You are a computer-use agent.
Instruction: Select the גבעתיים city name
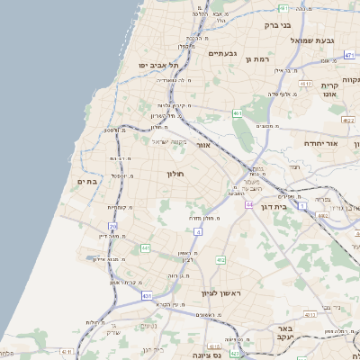221,54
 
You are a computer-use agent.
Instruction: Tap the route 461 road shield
237,113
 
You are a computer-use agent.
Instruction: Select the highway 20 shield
112,227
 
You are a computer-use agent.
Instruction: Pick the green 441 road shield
144,247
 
